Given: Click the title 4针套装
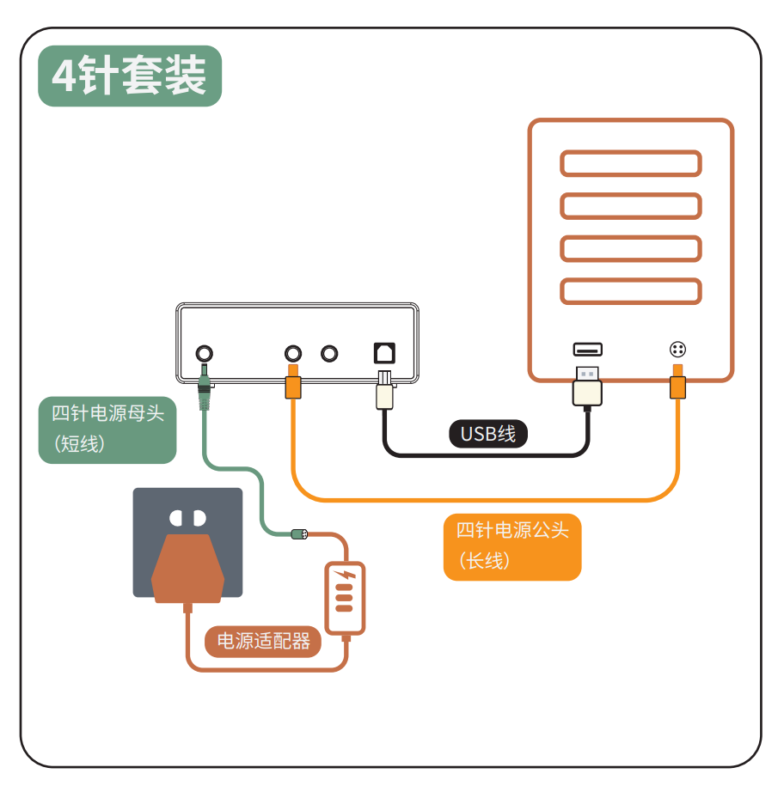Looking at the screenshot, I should [x=130, y=76].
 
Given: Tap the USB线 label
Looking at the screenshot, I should [x=487, y=433].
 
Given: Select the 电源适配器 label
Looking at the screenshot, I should [x=263, y=641].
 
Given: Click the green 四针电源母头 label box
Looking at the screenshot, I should [x=107, y=429].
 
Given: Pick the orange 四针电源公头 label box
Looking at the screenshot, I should [x=512, y=546].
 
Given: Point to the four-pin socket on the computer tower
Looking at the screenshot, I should [x=677, y=350].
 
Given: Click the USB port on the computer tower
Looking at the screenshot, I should [x=588, y=350].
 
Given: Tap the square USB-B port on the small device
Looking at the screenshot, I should [x=384, y=352].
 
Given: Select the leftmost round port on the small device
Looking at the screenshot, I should [x=205, y=353].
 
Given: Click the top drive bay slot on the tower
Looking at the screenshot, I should [x=630, y=163].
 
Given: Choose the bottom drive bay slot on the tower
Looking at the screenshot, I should [x=630, y=291].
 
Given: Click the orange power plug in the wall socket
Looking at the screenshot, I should [x=187, y=568].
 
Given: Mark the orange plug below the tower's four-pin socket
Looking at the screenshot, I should [x=677, y=384].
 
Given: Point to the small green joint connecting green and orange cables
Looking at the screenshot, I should [x=299, y=534].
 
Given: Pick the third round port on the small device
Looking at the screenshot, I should [x=329, y=353].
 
